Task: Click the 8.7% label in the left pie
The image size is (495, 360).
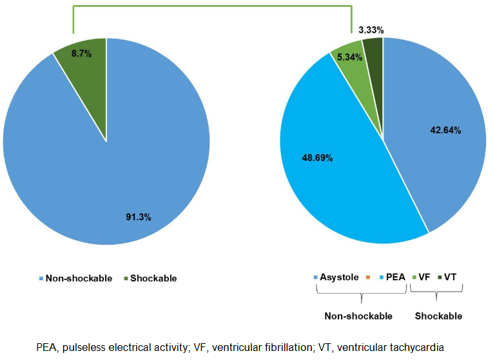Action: [x=81, y=54]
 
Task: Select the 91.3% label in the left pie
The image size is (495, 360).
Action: [x=139, y=217]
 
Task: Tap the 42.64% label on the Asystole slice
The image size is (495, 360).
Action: [x=445, y=129]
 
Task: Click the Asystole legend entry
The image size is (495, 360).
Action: [x=336, y=278]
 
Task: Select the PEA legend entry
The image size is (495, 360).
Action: [x=392, y=278]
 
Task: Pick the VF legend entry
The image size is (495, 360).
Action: [x=422, y=278]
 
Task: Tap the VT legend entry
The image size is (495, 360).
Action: [x=451, y=278]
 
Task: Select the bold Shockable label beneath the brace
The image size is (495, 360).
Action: [x=438, y=316]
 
